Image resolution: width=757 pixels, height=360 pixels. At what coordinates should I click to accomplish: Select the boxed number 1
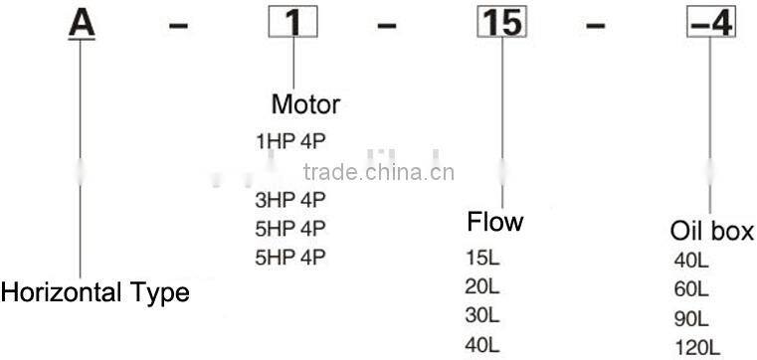click(293, 24)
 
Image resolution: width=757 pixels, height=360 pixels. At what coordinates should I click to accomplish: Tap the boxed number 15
click(502, 23)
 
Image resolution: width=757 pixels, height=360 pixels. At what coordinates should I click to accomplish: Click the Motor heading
click(305, 104)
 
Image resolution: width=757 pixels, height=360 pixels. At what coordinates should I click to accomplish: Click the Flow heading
click(494, 221)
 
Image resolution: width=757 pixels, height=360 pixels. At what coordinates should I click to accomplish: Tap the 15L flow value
click(481, 259)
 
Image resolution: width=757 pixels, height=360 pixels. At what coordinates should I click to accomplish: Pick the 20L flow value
click(481, 287)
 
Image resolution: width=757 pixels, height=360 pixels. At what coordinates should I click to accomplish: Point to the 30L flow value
click(481, 316)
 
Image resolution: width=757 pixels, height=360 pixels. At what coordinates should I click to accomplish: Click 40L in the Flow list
click(481, 345)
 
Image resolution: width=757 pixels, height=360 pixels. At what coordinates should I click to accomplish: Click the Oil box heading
click(711, 232)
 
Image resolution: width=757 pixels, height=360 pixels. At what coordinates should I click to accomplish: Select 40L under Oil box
click(691, 264)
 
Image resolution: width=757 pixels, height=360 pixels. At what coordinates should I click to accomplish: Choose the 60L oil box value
click(691, 290)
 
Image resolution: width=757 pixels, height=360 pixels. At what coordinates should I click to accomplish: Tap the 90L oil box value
click(691, 319)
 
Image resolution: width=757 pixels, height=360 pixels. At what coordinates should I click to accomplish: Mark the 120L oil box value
click(695, 347)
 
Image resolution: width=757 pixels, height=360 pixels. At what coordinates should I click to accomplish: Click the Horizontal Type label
click(95, 292)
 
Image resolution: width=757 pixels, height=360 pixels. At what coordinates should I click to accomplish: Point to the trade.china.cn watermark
click(378, 172)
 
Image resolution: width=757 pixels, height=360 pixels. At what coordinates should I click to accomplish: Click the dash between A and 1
click(178, 25)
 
